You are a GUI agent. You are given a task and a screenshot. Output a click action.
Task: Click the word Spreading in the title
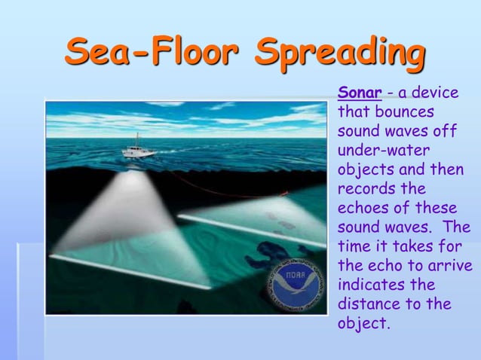pos(340,53)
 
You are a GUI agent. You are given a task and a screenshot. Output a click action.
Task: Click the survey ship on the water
pos(138,148)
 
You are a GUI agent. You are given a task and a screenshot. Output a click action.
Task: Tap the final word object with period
pos(365,325)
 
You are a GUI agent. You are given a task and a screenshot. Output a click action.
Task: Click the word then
pos(447,169)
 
